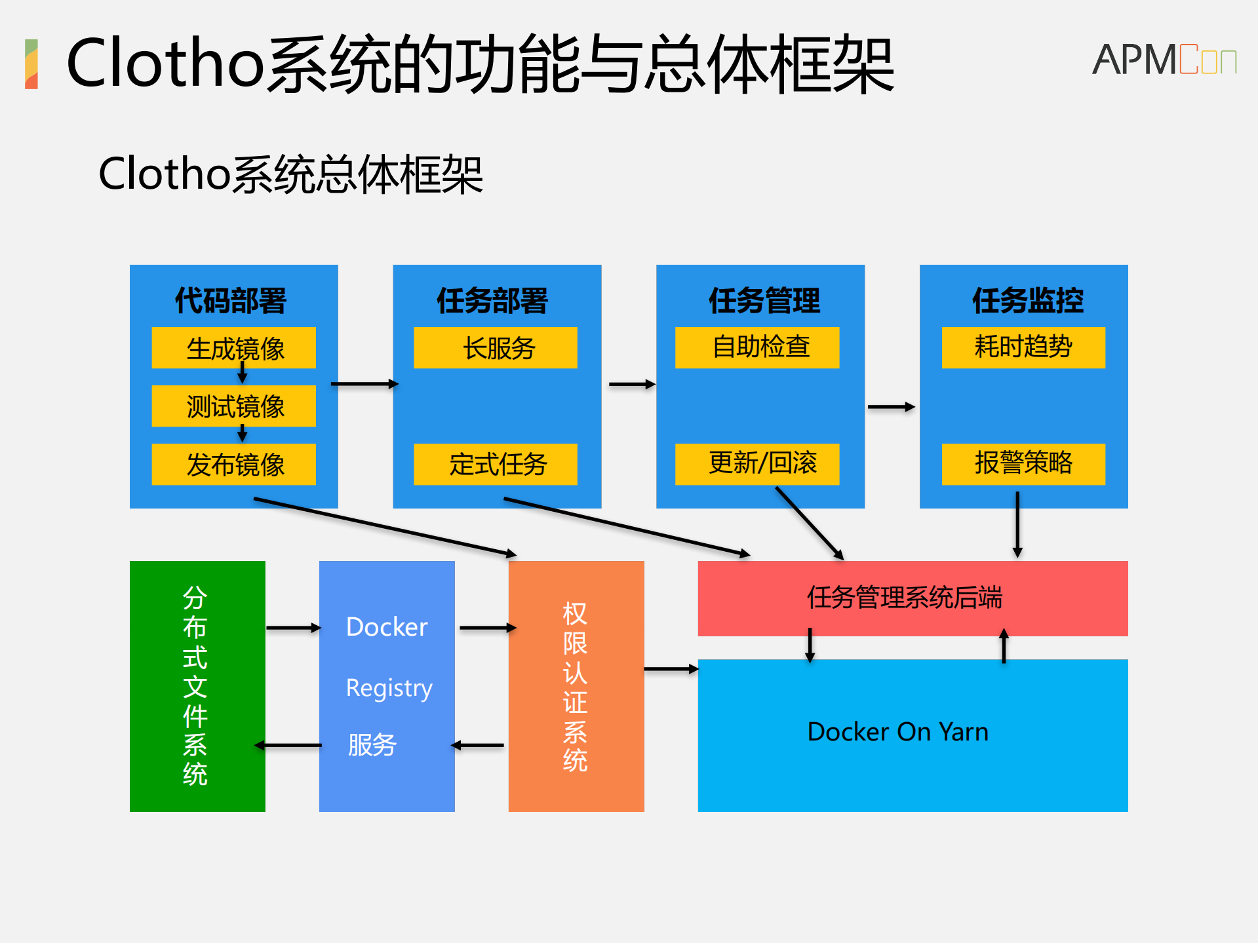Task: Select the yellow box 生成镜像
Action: [233, 347]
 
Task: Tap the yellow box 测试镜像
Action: [233, 406]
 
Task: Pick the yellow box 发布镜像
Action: [233, 464]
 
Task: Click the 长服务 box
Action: [496, 347]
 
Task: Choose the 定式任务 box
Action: [496, 464]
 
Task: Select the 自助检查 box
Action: [757, 347]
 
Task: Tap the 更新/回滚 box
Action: [757, 464]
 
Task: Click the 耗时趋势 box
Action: [1023, 347]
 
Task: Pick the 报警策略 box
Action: [1023, 464]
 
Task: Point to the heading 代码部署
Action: [231, 301]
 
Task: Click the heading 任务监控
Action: [1027, 301]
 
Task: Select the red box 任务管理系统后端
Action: [913, 598]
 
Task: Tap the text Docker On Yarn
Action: [897, 732]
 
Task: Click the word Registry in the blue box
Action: [389, 688]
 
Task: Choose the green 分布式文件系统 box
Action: [197, 686]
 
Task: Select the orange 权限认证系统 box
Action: [576, 686]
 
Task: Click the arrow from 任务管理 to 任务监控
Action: [891, 407]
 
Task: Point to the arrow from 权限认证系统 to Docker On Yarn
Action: [671, 669]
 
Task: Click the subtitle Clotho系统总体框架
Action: [290, 174]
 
